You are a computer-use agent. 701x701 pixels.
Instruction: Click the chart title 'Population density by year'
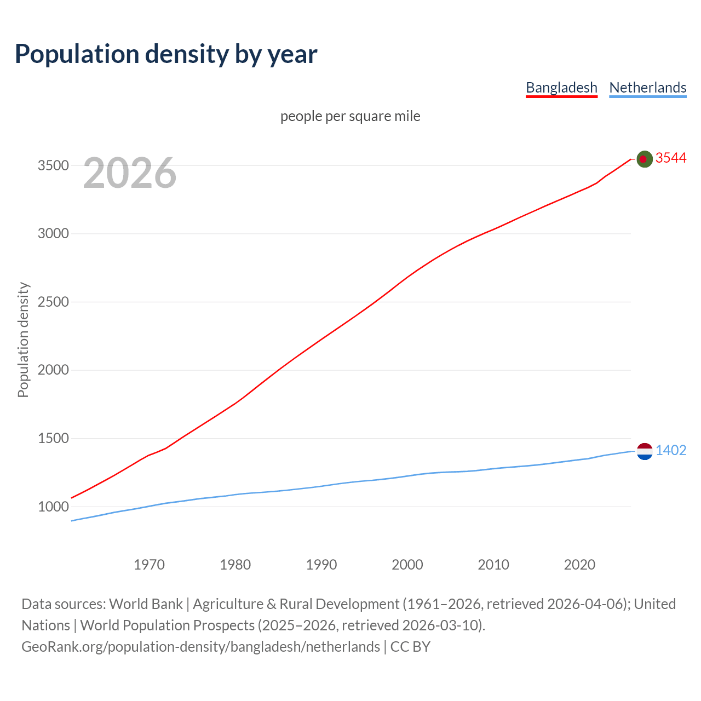(166, 54)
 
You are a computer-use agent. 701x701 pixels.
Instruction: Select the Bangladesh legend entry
(561, 88)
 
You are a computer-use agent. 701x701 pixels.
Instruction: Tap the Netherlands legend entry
(647, 88)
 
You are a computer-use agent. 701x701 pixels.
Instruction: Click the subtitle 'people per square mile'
(350, 117)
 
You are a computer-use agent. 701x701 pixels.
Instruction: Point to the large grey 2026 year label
(130, 173)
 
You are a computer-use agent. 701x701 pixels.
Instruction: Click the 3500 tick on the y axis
(53, 165)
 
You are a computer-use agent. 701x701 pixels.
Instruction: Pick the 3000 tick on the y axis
(53, 234)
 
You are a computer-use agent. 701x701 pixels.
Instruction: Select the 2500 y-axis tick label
(53, 302)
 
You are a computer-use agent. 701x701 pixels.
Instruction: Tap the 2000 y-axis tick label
(53, 370)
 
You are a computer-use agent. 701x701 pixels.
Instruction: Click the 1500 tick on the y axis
(53, 438)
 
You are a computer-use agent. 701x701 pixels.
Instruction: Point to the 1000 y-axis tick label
(53, 507)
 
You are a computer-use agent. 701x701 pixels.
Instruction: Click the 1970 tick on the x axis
(149, 565)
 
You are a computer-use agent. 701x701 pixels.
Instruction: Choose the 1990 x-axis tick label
(321, 565)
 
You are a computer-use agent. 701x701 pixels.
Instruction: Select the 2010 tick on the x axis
(493, 565)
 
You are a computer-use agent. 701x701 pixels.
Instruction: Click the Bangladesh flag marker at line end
(645, 159)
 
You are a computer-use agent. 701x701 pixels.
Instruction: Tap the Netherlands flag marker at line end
(645, 451)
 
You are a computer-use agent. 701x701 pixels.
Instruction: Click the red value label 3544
(671, 158)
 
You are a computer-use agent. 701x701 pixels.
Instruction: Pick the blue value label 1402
(671, 451)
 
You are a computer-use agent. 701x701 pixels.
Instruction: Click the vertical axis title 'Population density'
(23, 340)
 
